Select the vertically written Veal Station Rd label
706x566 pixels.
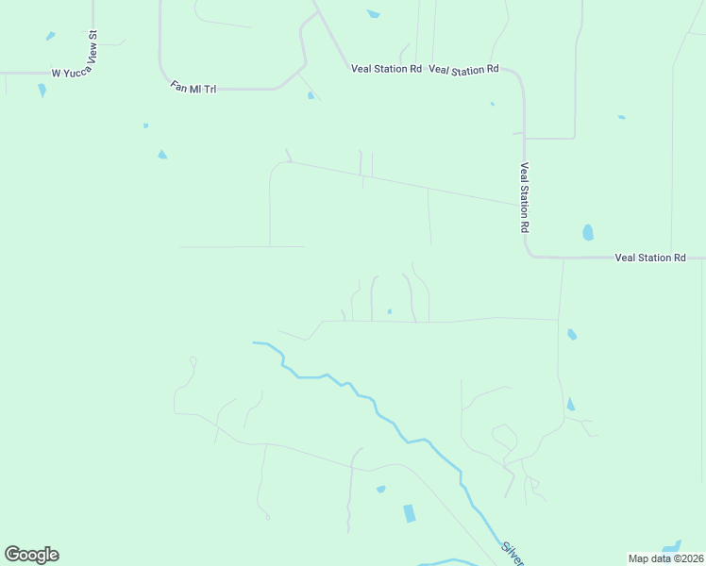click(525, 197)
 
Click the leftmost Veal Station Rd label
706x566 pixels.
click(386, 69)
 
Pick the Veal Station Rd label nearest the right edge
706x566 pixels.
click(649, 258)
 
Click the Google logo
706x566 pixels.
click(31, 555)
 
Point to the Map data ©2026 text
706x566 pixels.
click(666, 558)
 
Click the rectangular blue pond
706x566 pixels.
click(409, 513)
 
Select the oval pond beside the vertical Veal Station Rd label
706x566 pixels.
click(588, 232)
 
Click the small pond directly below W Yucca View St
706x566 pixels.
click(42, 91)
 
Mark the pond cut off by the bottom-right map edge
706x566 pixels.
click(672, 548)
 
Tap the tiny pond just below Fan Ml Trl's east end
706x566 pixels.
click(311, 95)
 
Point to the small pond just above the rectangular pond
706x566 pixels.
click(380, 489)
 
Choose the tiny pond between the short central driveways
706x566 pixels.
click(389, 311)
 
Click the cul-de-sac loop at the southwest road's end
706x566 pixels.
click(193, 359)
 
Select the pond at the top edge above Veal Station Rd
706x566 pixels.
click(373, 14)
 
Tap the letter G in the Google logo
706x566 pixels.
click(13, 554)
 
